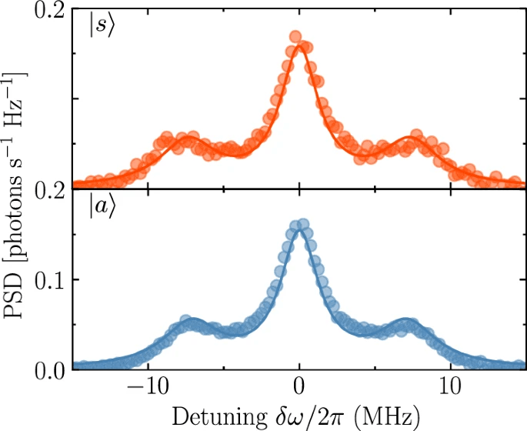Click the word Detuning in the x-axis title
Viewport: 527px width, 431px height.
click(x=208, y=417)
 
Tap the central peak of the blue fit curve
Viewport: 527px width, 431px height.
click(x=299, y=229)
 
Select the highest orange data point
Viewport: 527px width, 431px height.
click(x=295, y=36)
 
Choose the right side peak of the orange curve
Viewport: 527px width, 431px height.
click(x=412, y=141)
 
